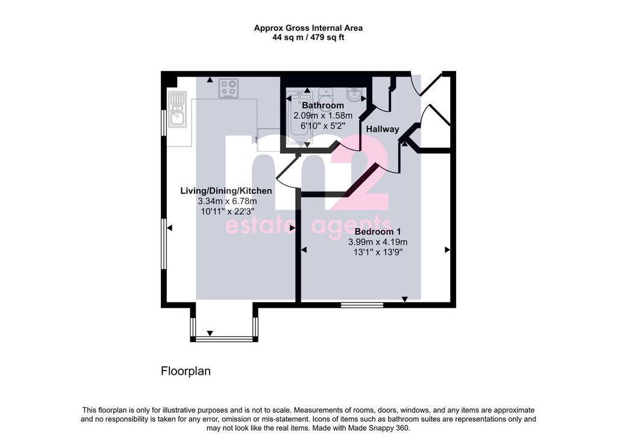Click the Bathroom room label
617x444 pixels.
click(x=323, y=105)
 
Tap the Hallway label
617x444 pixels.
click(x=383, y=129)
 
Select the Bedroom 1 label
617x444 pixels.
click(x=378, y=231)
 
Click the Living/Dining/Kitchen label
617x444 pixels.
click(x=226, y=191)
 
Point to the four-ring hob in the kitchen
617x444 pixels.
click(x=228, y=89)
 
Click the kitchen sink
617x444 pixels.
click(x=178, y=109)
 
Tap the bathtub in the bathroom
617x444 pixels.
click(x=299, y=117)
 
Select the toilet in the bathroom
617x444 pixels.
click(x=325, y=95)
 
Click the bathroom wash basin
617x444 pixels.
click(x=354, y=95)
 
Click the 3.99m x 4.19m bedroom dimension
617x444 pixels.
click(x=378, y=242)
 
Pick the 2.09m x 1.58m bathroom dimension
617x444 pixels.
click(x=323, y=116)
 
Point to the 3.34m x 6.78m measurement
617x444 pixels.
click(x=227, y=201)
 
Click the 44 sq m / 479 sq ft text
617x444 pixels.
click(x=308, y=38)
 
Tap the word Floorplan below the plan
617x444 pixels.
click(x=186, y=371)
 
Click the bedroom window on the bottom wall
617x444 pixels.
click(x=362, y=305)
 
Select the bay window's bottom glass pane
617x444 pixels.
click(x=224, y=339)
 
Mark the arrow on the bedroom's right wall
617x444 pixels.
click(x=448, y=250)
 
